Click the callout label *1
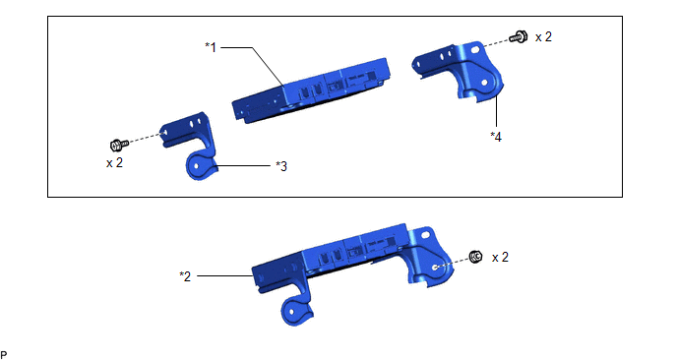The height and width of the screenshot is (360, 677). pyautogui.click(x=211, y=47)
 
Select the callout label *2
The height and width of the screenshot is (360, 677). pyautogui.click(x=185, y=276)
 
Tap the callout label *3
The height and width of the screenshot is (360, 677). pyautogui.click(x=281, y=166)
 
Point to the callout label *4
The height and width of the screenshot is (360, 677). pyautogui.click(x=496, y=137)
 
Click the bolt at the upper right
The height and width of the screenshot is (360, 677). pyautogui.click(x=519, y=36)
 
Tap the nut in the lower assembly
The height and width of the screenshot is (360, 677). pyautogui.click(x=476, y=257)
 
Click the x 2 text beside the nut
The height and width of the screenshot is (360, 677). pyautogui.click(x=501, y=258)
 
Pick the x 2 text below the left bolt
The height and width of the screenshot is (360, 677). pyautogui.click(x=114, y=162)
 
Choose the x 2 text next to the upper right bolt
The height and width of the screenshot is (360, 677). pyautogui.click(x=543, y=37)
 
